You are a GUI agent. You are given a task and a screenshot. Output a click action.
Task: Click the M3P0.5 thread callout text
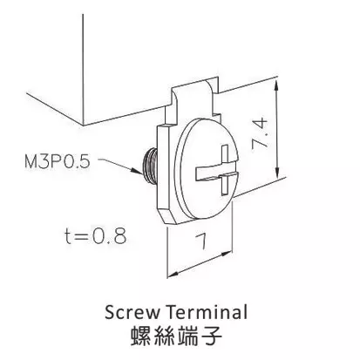click(58, 161)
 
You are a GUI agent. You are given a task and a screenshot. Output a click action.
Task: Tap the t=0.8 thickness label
click(96, 235)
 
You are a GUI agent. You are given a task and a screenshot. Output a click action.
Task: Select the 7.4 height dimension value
click(260, 132)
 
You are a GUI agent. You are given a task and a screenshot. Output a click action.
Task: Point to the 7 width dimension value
click(201, 241)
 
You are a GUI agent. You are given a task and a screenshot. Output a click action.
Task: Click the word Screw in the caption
click(132, 313)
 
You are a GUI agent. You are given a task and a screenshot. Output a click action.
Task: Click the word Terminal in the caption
click(207, 312)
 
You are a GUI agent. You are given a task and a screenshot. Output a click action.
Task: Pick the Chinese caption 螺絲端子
click(176, 336)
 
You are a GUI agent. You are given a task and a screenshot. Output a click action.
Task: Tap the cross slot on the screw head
click(217, 170)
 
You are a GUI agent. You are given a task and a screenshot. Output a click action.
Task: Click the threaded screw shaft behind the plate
click(150, 166)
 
